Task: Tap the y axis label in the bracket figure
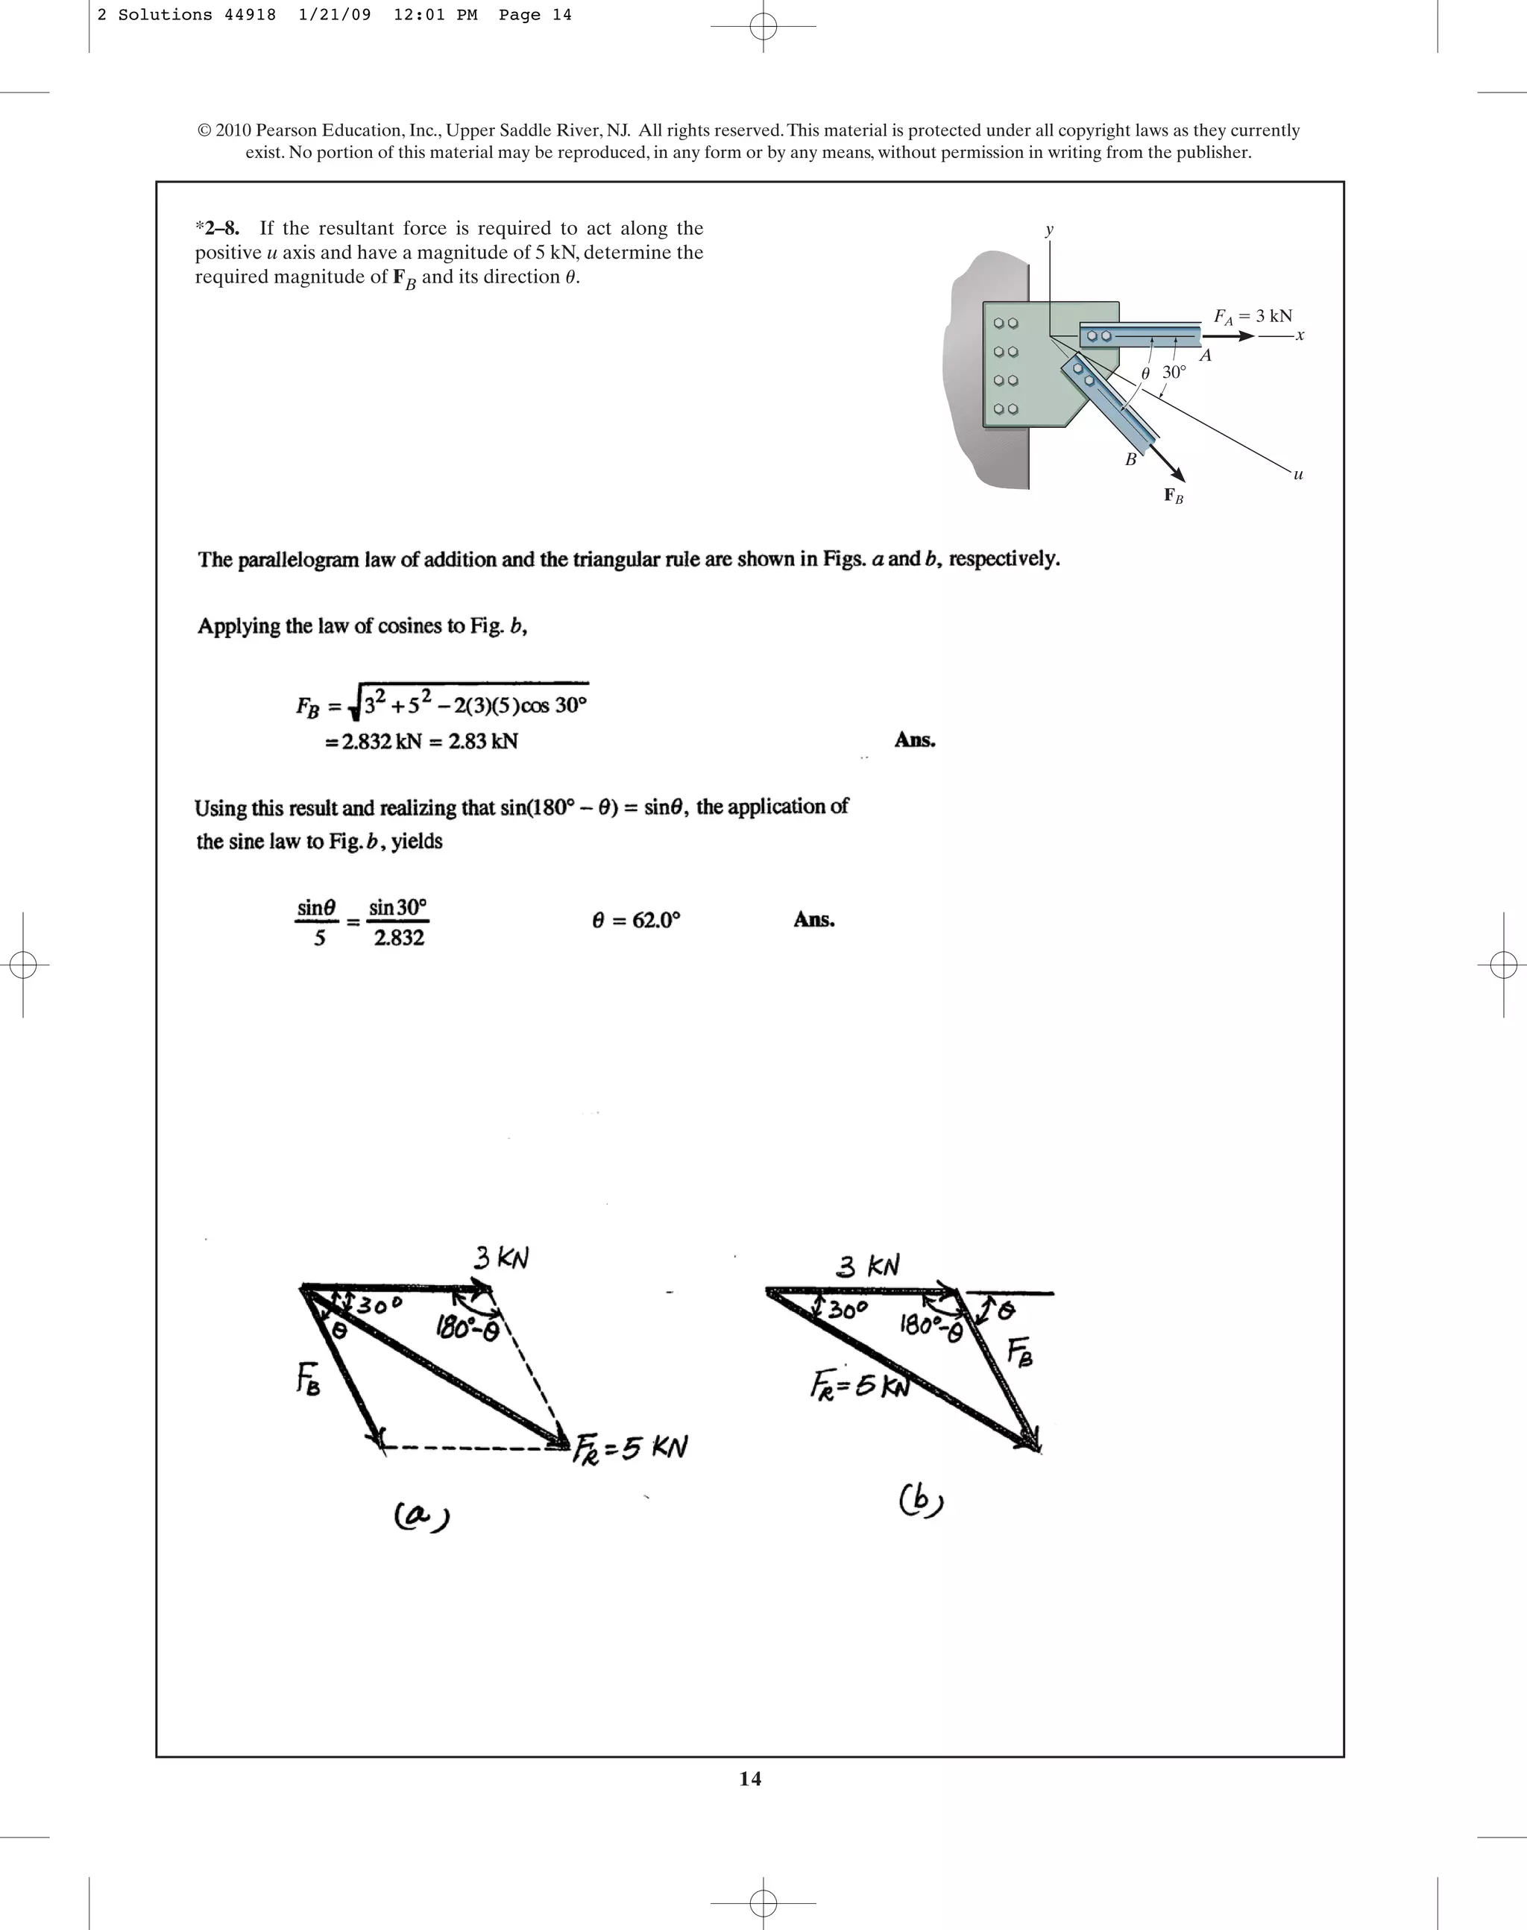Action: tap(1049, 230)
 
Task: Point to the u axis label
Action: tap(1298, 475)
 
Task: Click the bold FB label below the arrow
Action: tap(1173, 496)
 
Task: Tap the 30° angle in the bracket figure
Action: tap(1174, 372)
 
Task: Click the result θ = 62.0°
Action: tap(636, 920)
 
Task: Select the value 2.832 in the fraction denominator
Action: tap(399, 938)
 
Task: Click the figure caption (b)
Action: tap(921, 1500)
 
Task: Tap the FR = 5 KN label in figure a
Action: tap(630, 1446)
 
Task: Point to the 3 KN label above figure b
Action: tap(868, 1266)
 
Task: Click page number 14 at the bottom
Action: tap(750, 1779)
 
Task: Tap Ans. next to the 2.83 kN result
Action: tap(915, 740)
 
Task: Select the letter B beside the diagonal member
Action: tap(1130, 459)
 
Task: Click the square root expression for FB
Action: tap(470, 704)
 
